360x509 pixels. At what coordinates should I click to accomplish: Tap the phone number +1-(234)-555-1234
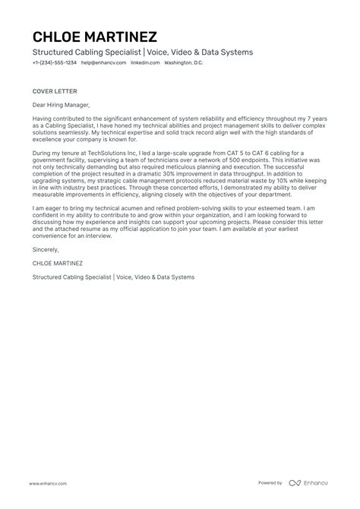(55, 62)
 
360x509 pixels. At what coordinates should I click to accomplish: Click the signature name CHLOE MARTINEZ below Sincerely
(58, 262)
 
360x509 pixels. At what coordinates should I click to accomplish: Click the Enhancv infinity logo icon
(295, 482)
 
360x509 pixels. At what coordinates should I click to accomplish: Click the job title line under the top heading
(143, 52)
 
